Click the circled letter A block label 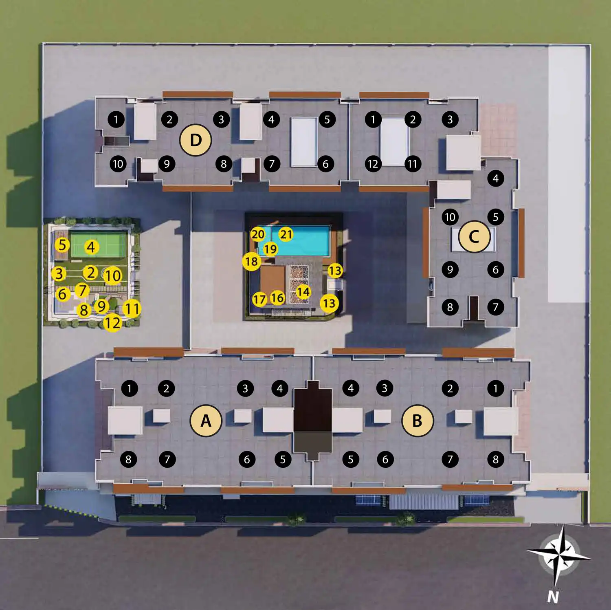(206, 421)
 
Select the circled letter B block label (418, 421)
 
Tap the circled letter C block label (474, 236)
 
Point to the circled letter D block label (196, 140)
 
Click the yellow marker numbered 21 (286, 234)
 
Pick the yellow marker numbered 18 (252, 261)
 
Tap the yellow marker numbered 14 (303, 292)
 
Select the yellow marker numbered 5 (62, 245)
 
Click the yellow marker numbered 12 (112, 323)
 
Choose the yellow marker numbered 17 (259, 299)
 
